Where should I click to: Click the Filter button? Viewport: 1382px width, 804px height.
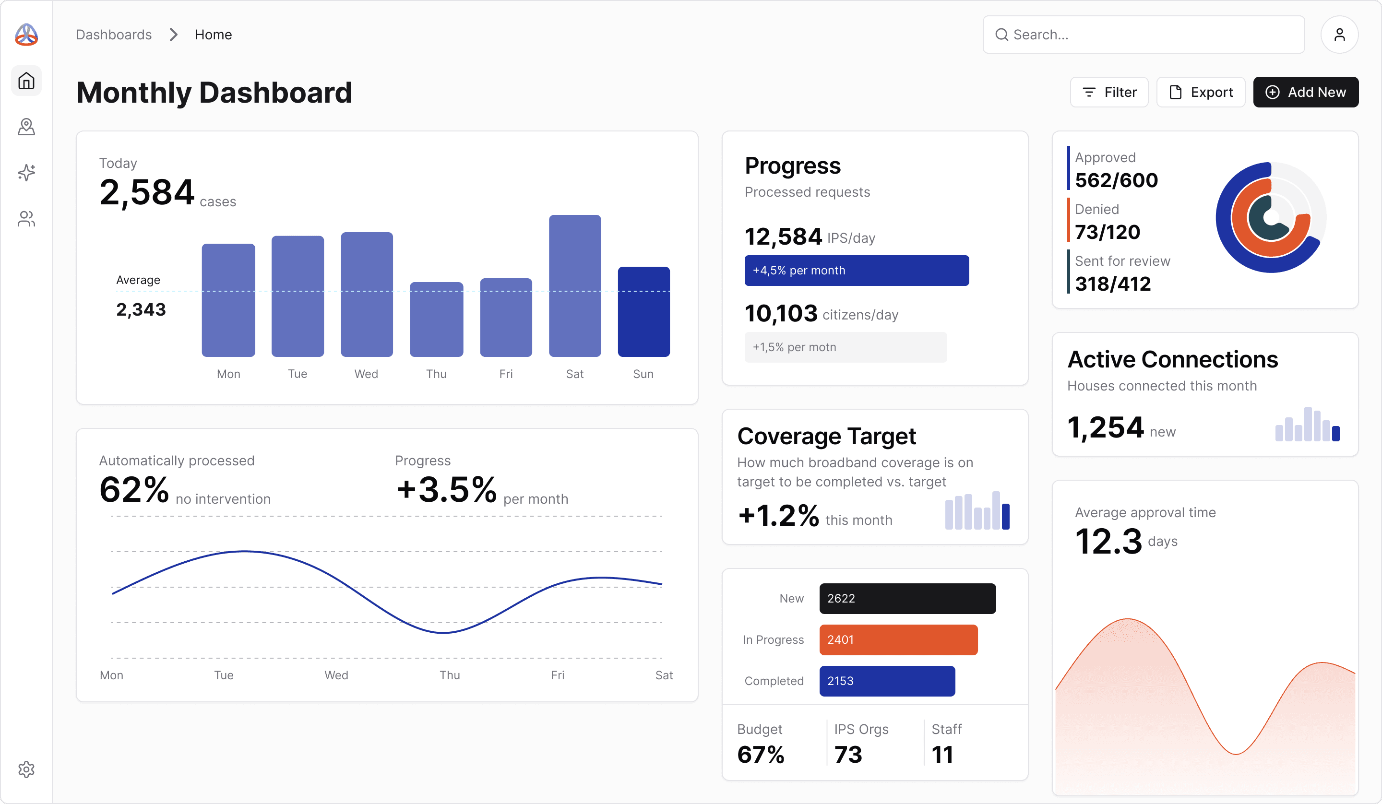[1109, 92]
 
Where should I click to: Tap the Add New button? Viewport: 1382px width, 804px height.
[1305, 92]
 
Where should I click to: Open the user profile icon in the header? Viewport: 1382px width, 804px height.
[1339, 35]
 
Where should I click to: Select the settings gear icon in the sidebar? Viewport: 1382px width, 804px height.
[26, 769]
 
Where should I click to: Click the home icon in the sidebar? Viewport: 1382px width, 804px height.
[26, 81]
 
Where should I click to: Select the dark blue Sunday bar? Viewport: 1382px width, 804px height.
[643, 311]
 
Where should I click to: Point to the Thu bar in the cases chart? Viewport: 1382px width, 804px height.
[436, 319]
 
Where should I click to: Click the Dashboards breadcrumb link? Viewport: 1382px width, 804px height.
[114, 35]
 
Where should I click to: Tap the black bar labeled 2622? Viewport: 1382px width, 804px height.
[907, 598]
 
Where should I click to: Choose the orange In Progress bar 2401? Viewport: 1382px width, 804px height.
[898, 639]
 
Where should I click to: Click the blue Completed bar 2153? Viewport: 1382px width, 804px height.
[887, 681]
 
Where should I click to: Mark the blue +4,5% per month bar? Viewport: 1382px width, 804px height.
[856, 271]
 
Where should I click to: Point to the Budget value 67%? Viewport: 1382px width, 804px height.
[761, 754]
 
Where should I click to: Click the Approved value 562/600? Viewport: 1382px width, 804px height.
[1116, 180]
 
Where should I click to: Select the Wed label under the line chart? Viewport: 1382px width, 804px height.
[336, 675]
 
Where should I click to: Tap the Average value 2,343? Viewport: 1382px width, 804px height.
[141, 309]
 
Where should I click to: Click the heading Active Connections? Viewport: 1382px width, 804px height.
[1172, 359]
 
